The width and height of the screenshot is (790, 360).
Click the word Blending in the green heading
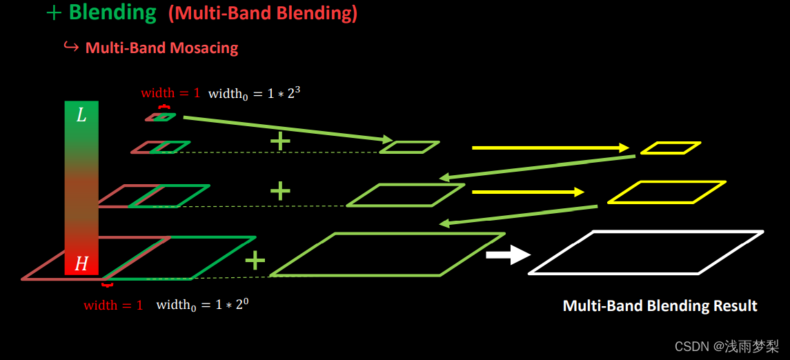coord(112,12)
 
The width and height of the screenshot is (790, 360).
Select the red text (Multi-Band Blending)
coord(263,14)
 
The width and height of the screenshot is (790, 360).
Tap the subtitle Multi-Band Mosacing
coord(161,48)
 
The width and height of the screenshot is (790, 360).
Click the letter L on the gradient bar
coord(81,115)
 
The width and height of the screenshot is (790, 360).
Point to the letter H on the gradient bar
coord(81,263)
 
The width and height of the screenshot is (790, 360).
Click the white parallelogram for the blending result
coord(646,252)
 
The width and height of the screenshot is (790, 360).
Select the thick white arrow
coord(508,255)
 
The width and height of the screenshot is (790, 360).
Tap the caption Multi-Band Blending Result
coord(660,306)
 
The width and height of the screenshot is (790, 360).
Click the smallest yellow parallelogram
coord(670,148)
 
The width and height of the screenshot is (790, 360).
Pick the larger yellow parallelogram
coord(666,192)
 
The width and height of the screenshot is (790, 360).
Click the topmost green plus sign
coord(279,141)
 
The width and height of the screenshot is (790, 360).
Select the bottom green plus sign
coord(255,260)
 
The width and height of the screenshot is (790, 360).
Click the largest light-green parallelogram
coord(387,254)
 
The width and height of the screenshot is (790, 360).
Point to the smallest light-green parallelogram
coord(409,147)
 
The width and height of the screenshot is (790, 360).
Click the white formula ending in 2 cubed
coord(254,93)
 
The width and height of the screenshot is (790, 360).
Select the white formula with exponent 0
coord(202,305)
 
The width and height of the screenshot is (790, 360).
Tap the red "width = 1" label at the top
coord(170,93)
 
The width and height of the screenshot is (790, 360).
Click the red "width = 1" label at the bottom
coord(113,306)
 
